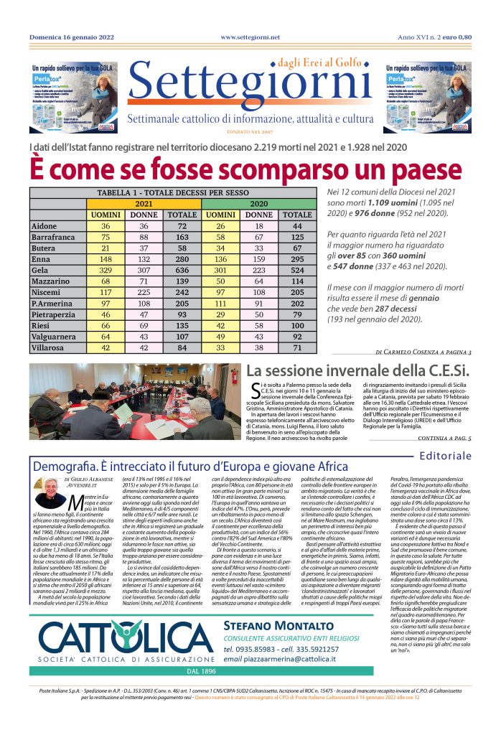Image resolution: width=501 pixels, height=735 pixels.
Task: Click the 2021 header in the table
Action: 144,204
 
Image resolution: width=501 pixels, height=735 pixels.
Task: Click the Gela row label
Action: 42,271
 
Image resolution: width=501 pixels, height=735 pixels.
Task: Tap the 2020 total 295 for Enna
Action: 296,258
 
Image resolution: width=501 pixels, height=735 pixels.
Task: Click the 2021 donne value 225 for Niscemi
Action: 144,296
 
